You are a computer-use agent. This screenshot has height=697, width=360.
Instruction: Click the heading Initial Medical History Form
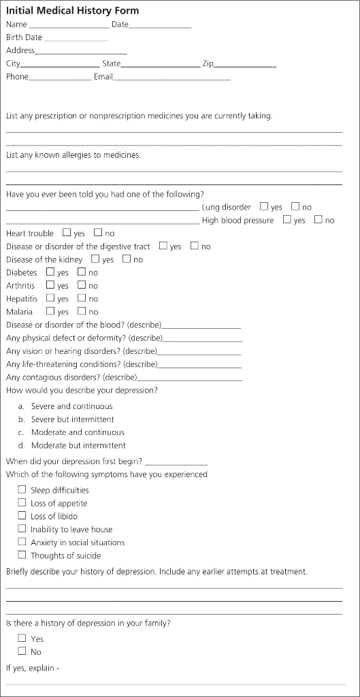[x=72, y=11]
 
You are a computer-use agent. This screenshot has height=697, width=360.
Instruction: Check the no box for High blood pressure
[x=318, y=220]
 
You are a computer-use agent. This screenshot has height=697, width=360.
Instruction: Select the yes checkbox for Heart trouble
[x=67, y=233]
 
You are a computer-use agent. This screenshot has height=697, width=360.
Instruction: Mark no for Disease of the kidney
[x=127, y=259]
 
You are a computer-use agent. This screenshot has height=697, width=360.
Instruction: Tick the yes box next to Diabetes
[x=50, y=272]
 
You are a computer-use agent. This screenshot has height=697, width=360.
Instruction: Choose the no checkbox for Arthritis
[x=82, y=285]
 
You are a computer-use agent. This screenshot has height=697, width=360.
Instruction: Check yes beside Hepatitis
[x=50, y=298]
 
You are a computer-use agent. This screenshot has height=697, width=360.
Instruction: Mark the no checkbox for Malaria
[x=82, y=312]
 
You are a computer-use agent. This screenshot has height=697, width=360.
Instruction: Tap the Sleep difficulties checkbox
[x=22, y=489]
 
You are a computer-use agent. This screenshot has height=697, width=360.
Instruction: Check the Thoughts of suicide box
[x=22, y=555]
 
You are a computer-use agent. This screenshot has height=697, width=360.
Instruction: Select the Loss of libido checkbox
[x=22, y=516]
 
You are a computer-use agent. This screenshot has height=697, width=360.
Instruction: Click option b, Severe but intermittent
[x=72, y=419]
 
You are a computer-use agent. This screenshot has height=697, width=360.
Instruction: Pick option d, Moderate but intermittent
[x=78, y=445]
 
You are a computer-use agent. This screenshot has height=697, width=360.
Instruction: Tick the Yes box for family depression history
[x=22, y=638]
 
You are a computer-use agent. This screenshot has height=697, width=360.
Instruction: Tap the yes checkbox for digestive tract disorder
[x=163, y=246]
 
